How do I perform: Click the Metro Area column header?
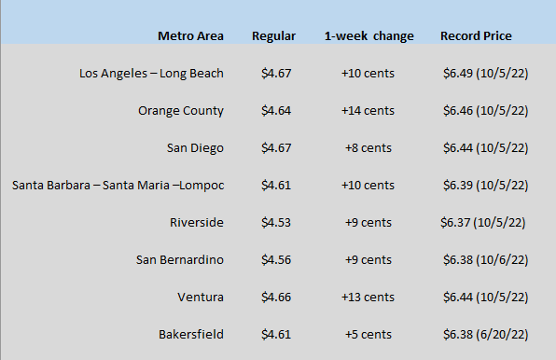190,35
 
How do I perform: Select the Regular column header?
273,36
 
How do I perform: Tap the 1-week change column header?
369,36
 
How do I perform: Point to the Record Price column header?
476,35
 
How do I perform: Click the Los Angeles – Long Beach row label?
151,74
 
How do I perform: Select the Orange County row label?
181,111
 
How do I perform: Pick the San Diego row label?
195,148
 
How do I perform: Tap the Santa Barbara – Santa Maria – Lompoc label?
118,186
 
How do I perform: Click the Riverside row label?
197,222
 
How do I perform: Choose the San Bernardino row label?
180,259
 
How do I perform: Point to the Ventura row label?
201,297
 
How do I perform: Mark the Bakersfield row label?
191,334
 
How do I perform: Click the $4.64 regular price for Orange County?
276,111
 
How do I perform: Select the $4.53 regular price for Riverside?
276,223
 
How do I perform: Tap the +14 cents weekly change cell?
368,111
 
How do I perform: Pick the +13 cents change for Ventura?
368,297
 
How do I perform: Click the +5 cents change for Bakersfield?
368,334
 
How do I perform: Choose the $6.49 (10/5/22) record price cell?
486,74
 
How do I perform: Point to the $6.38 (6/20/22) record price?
486,335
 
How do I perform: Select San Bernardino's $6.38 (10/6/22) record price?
486,259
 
